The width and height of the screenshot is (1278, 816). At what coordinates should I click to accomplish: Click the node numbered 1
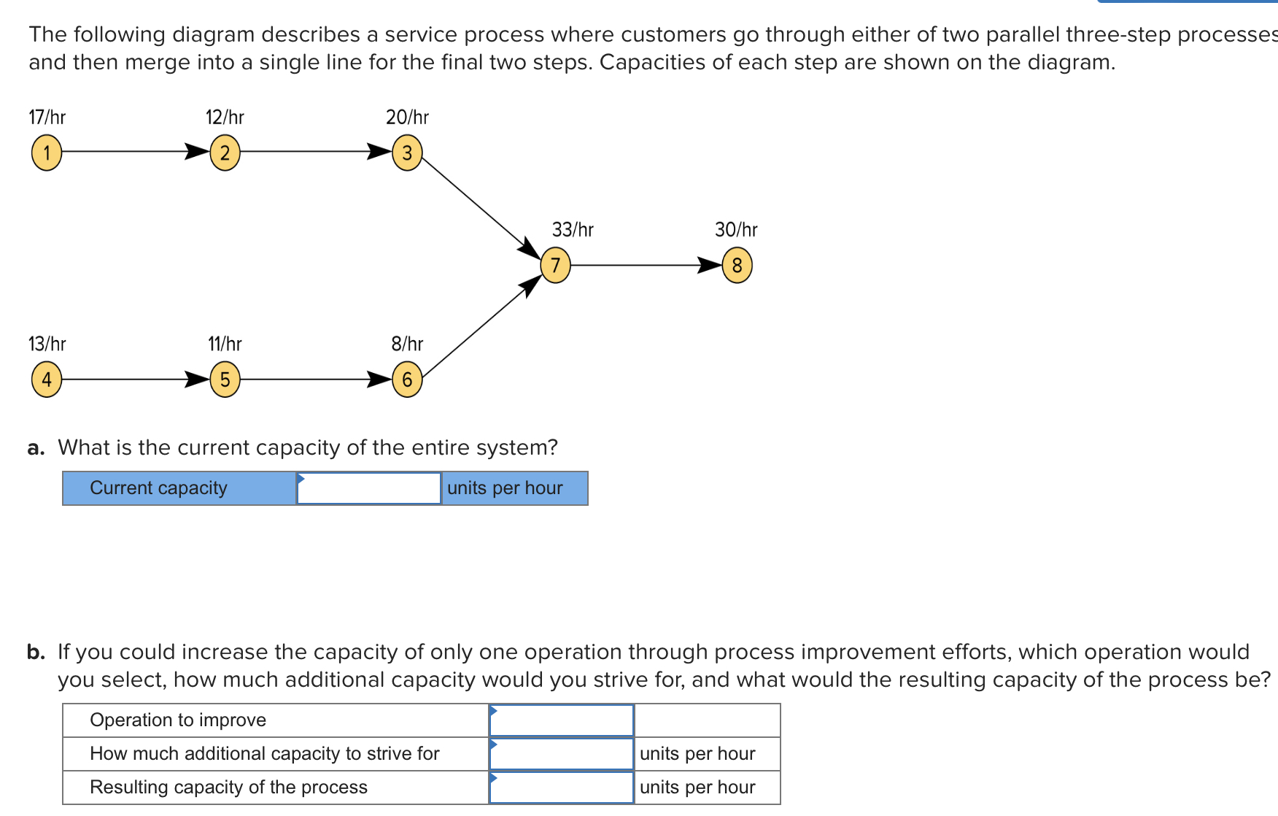[47, 153]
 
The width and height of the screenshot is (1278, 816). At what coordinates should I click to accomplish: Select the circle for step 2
[225, 153]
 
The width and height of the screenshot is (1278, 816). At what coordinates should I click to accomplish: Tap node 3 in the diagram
[407, 153]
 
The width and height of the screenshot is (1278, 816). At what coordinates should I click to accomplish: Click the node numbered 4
[47, 380]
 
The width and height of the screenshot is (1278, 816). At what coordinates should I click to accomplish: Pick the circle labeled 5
[225, 380]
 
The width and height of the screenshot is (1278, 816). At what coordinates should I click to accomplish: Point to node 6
[407, 380]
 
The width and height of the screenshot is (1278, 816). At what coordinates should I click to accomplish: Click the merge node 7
[555, 265]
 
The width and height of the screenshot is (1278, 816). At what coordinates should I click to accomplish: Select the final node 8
[737, 265]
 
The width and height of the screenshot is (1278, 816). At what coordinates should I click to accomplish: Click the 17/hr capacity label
[47, 118]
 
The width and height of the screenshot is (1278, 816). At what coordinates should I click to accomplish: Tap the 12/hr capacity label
[225, 118]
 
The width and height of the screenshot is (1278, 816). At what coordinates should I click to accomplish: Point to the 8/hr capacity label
[407, 344]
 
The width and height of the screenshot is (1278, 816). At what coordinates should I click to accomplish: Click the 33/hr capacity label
[573, 230]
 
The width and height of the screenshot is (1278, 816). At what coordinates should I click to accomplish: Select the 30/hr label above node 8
[736, 230]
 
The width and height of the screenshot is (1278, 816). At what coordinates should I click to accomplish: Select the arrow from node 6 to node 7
[481, 328]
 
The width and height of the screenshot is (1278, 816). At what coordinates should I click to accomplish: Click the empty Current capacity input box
[369, 488]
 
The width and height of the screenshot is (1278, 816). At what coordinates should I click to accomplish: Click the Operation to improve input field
[562, 720]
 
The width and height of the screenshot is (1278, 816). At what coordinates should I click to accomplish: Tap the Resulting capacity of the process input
[562, 788]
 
